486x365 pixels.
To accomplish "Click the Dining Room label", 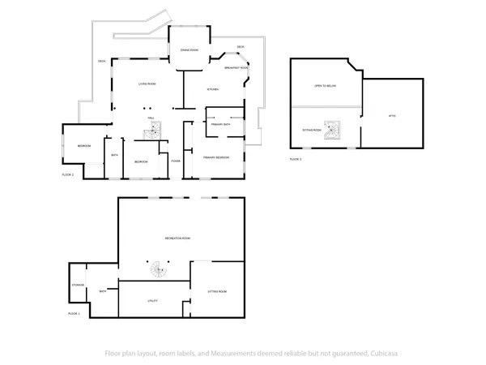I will pos(190,50).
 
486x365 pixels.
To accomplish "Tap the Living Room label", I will pos(147,84).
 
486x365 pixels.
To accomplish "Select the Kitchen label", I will pos(213,89).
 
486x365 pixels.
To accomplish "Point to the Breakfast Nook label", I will pos(236,68).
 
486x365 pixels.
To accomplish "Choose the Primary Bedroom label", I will pos(217,157).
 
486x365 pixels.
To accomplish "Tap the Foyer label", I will pos(175,161).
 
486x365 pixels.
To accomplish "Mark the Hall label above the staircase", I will pos(151,118).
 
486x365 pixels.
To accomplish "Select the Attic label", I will pos(392,117).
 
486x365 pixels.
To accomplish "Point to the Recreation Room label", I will pos(177,238).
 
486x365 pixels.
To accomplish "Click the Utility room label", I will pos(152,300).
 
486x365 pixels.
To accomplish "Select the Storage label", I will pos(78,286).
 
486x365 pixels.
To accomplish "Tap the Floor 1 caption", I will pos(74,313).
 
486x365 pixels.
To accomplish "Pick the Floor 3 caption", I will pos(296,159).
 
